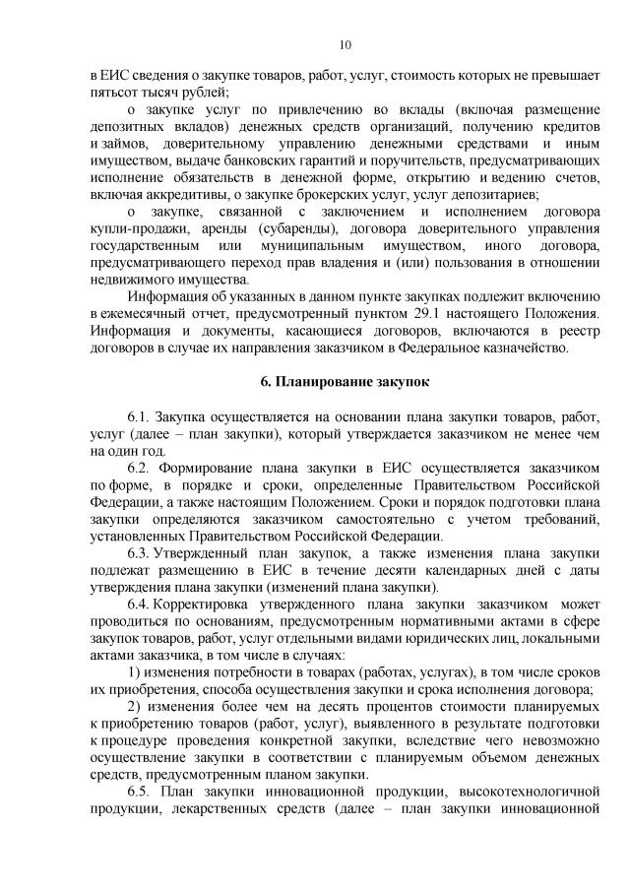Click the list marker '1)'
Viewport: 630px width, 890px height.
(135, 672)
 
